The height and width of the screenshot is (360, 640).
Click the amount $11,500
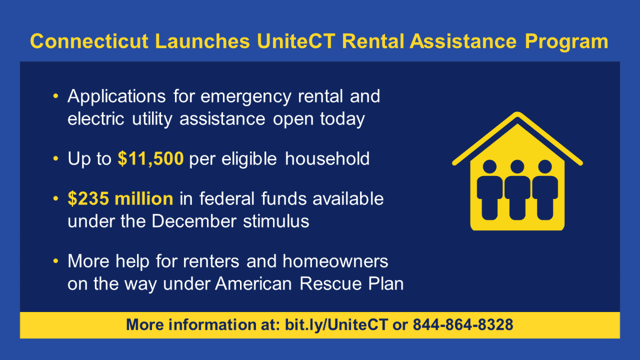click(x=154, y=159)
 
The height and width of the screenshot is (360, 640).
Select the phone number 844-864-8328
click(x=463, y=325)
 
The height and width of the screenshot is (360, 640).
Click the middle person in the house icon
click(x=517, y=189)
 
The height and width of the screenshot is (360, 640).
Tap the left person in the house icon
click(x=489, y=189)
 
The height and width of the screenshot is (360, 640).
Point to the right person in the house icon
click(x=545, y=189)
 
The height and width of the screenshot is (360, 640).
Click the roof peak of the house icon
click(x=517, y=116)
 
